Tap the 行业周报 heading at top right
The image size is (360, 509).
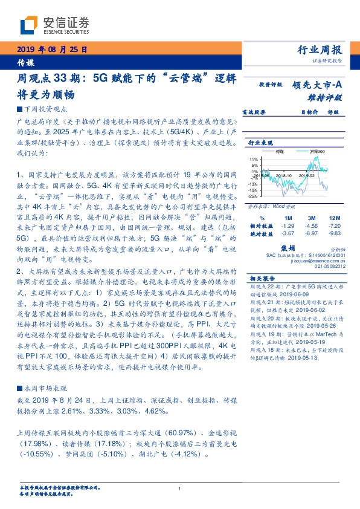coord(321,50)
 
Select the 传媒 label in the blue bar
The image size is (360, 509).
coord(25,62)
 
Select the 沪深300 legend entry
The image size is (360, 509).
coord(316,151)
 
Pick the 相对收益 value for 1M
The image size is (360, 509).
coord(288,225)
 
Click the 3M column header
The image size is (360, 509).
coord(312,217)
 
